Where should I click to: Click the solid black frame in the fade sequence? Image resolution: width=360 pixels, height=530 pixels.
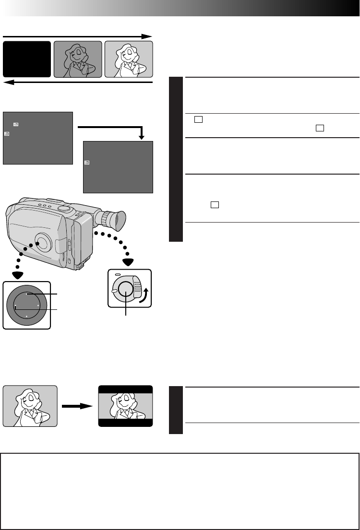(27, 59)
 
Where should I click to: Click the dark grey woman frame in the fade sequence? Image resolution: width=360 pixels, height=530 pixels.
(78, 59)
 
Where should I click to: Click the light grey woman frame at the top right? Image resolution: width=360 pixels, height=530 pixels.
(129, 59)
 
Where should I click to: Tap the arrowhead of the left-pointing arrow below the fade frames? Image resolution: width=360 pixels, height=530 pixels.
(7, 82)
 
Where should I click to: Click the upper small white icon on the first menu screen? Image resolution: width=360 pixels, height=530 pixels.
(16, 125)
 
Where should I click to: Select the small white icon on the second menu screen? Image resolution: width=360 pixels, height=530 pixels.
(87, 163)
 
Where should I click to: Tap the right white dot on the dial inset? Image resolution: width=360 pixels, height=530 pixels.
(38, 305)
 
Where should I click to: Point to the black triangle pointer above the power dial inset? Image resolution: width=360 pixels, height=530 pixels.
(128, 261)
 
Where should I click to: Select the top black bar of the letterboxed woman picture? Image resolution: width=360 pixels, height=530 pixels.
(125, 389)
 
